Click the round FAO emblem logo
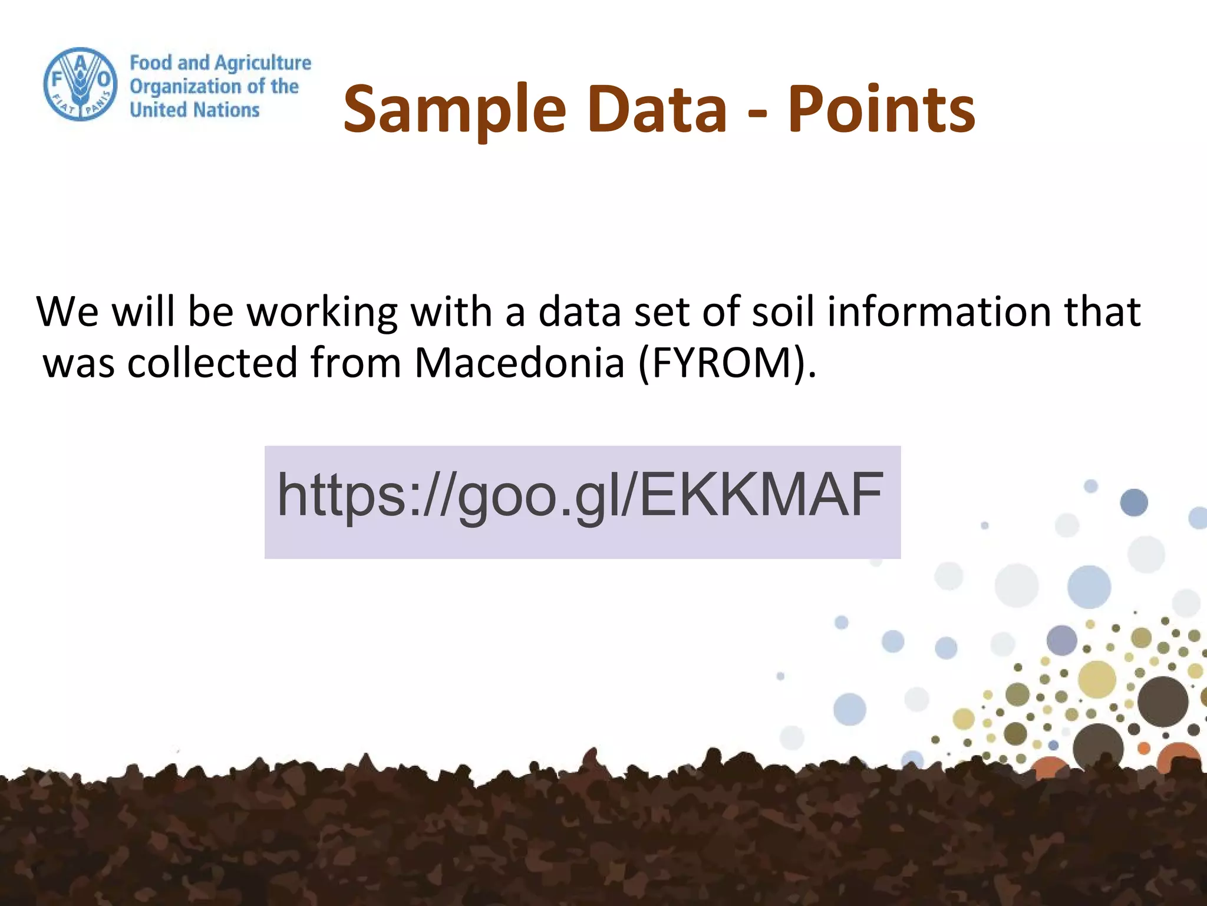(80, 84)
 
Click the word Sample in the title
(454, 110)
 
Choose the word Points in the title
(881, 109)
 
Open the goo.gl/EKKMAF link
(581, 495)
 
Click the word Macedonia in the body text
(519, 362)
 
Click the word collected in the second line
(212, 362)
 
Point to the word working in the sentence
(322, 313)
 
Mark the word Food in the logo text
(151, 63)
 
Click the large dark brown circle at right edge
(1163, 701)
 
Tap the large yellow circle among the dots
(1097, 679)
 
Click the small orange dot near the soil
(1144, 748)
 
